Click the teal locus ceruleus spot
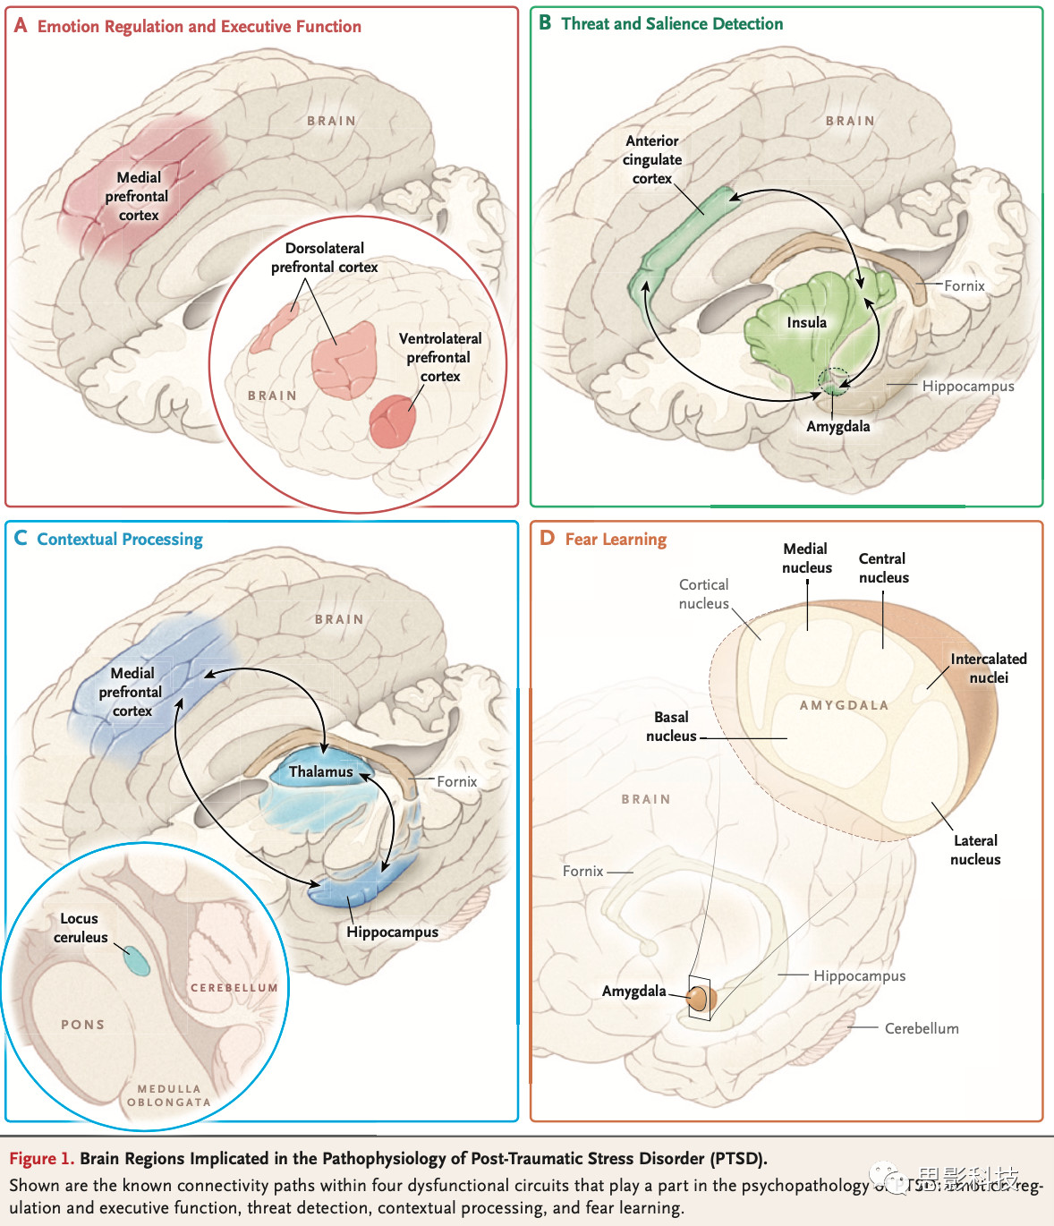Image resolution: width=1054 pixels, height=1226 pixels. coord(136,960)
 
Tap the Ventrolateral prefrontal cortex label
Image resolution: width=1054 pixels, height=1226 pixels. coord(439,357)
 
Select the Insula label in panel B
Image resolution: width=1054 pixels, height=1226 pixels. coord(806,322)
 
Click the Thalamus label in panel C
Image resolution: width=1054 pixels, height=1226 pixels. coord(320,771)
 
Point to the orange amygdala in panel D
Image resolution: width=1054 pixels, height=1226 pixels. coord(697,999)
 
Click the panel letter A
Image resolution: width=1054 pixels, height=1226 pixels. coord(21,26)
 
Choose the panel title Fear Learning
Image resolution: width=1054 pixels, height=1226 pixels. coord(616,539)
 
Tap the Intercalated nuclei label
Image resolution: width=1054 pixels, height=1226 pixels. coord(988,668)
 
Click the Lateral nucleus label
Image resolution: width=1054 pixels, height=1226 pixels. coord(975,849)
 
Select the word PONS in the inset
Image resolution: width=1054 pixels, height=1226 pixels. coord(82,1025)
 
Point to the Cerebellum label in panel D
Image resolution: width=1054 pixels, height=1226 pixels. coord(922,1028)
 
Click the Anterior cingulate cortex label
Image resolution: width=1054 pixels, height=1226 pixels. coord(652,159)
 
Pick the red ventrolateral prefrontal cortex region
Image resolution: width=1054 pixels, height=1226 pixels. coord(392,421)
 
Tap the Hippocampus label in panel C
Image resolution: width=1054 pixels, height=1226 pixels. coord(392,932)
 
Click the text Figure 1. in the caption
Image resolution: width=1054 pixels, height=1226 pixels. coord(41,1158)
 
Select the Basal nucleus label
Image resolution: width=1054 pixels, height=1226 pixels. coord(671,726)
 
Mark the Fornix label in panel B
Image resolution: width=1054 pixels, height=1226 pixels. coord(964,285)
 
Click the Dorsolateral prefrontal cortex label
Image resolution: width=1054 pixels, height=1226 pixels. coord(324,257)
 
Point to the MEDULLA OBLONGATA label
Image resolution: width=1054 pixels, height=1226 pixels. coord(168,1095)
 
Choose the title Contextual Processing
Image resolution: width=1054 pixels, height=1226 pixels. coord(119,539)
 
